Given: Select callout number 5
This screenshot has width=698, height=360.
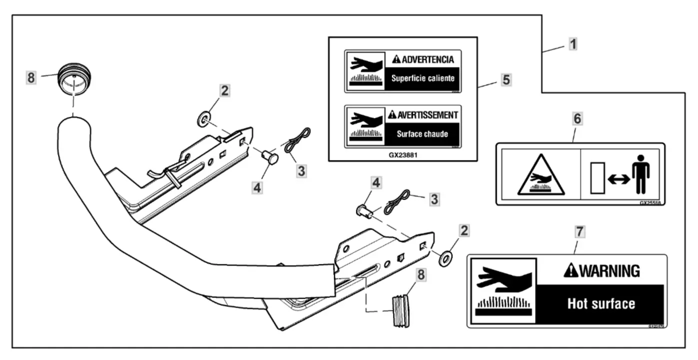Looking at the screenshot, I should pyautogui.click(x=506, y=79).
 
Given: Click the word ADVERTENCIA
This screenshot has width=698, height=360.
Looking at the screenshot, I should pyautogui.click(x=428, y=60).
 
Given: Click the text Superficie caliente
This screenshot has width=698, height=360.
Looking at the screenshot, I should pyautogui.click(x=423, y=79).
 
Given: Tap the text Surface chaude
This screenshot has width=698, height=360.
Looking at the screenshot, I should pyautogui.click(x=423, y=134).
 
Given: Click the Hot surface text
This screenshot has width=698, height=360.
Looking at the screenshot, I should pyautogui.click(x=601, y=303).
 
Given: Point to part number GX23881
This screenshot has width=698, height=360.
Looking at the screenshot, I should pyautogui.click(x=403, y=155).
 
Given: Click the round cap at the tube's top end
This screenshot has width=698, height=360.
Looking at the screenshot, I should pyautogui.click(x=74, y=78).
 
